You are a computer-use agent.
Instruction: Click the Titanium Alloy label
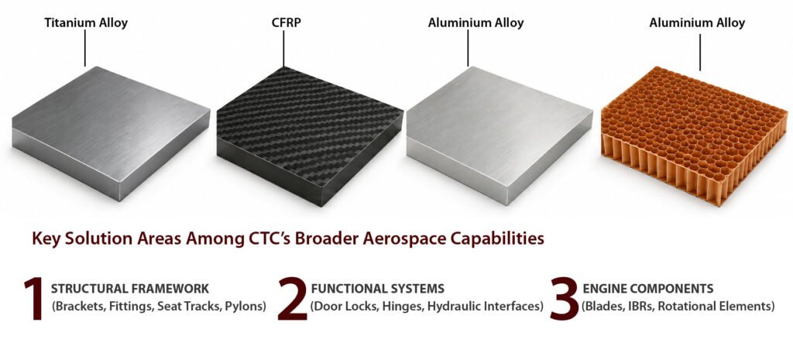coord(86,22)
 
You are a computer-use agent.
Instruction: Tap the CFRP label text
coord(283,22)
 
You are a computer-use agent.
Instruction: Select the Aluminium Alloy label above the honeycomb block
coord(697,22)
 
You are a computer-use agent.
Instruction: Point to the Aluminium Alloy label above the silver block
coord(476,22)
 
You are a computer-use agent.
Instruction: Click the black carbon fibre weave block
coord(310,136)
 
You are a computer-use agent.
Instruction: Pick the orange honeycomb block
coord(694,136)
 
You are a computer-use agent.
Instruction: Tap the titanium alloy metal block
coord(111,132)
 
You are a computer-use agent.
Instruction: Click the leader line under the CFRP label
coord(283,48)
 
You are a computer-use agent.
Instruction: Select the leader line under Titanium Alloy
coord(85,48)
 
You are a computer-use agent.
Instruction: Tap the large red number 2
coord(292,298)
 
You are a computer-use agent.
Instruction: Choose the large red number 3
coord(564,298)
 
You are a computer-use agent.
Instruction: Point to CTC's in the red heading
coord(266,237)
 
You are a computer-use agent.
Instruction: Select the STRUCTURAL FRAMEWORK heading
coord(130,289)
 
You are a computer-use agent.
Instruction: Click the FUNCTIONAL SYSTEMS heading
coord(378,289)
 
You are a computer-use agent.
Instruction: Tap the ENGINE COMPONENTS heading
coord(648,289)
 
